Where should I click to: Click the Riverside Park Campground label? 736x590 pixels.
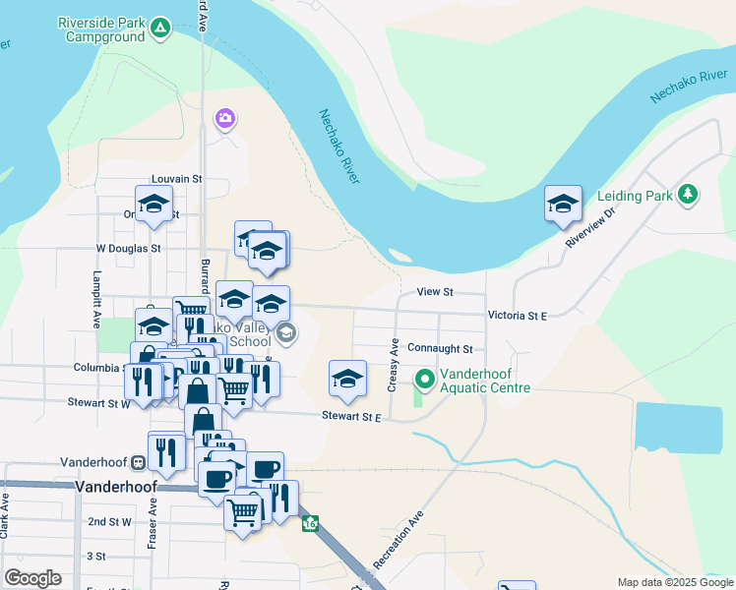[114, 29]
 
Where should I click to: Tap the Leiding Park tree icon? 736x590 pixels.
[689, 195]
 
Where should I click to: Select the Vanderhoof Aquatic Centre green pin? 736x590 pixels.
[425, 379]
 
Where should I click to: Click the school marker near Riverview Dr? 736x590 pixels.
[563, 205]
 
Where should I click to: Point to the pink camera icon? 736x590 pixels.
[225, 120]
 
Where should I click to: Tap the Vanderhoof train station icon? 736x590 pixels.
[139, 462]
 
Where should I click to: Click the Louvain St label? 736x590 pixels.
[176, 180]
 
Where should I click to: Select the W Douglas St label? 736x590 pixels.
[128, 249]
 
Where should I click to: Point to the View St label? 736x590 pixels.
[434, 292]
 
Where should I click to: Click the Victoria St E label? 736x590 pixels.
[517, 316]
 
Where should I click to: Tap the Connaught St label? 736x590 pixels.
[440, 349]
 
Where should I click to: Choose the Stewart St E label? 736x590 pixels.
[350, 417]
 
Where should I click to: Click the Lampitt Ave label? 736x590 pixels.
[96, 299]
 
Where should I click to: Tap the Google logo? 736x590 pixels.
[32, 578]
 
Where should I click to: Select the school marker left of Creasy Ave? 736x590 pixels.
[347, 380]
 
